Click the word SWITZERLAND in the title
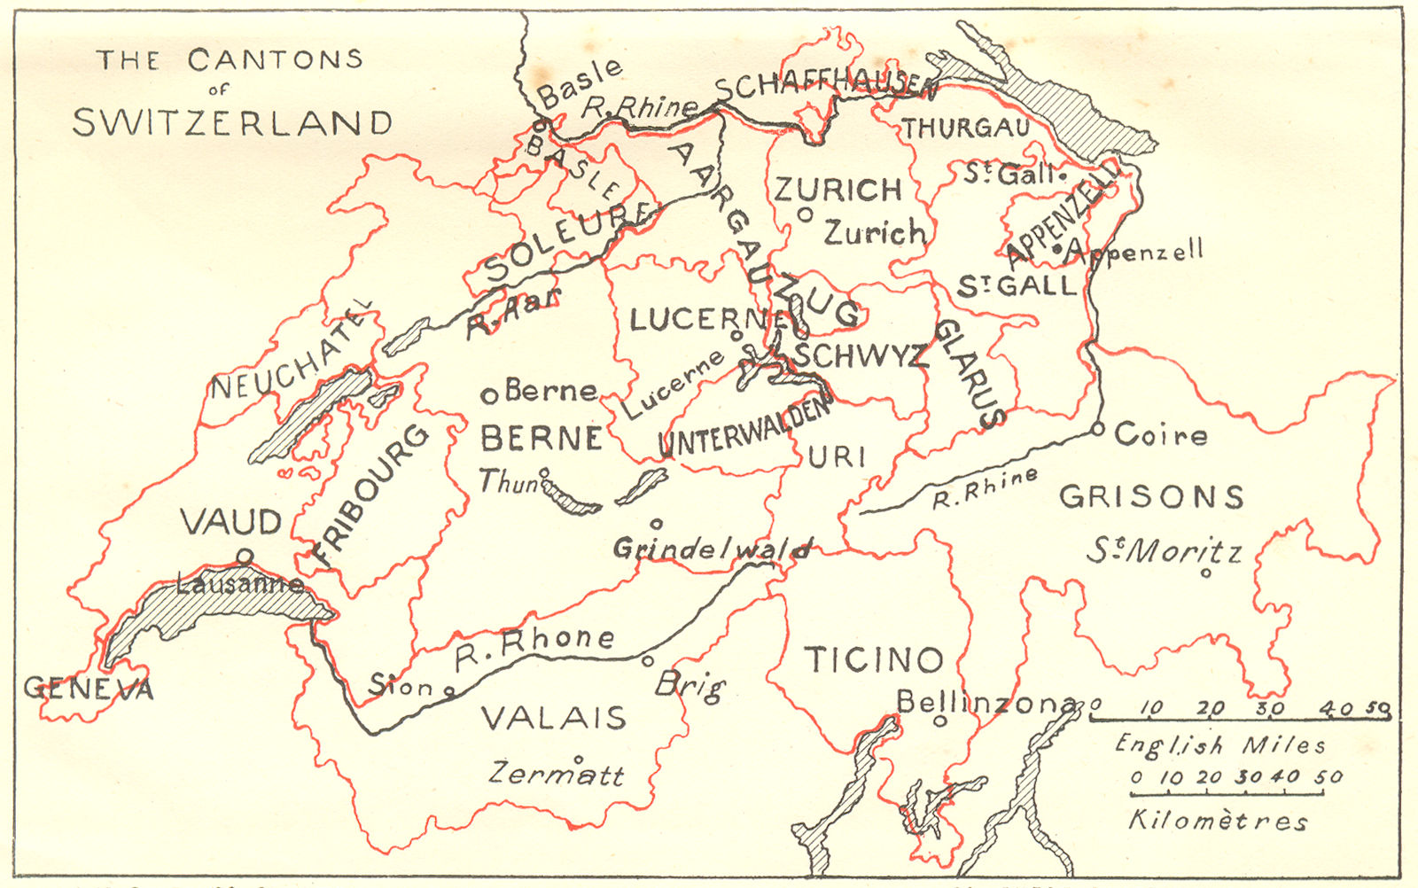[x=232, y=122]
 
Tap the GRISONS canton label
[x=1151, y=496]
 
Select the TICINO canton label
[x=873, y=659]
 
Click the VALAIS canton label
[x=554, y=717]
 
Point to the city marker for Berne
[x=488, y=395]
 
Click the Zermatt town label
[x=557, y=774]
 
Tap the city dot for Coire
[x=1098, y=430]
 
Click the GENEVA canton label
[x=89, y=689]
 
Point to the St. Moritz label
[x=1165, y=552]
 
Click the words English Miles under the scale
[x=1219, y=744]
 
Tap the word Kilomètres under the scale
[x=1218, y=821]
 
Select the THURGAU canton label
[x=966, y=129]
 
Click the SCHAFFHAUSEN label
[x=824, y=86]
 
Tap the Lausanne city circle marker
[x=245, y=556]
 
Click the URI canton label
[x=837, y=456]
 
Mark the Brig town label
[x=690, y=685]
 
